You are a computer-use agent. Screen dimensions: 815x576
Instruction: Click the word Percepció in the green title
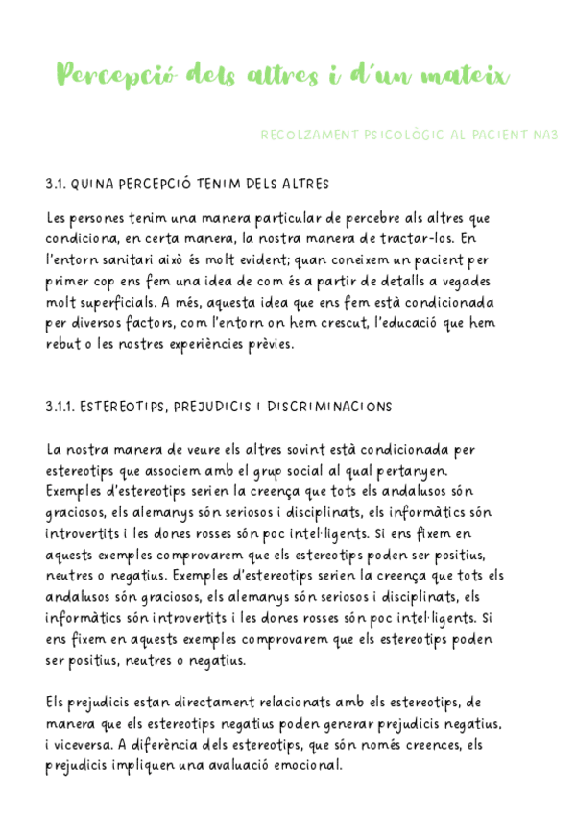[x=114, y=74]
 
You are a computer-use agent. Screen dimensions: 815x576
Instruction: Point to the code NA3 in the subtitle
[x=545, y=136]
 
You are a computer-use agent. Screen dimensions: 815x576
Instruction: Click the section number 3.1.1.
[x=60, y=407]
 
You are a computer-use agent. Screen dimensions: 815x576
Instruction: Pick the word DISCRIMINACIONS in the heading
[x=332, y=407]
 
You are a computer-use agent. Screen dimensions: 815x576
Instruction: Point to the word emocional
[x=309, y=766]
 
